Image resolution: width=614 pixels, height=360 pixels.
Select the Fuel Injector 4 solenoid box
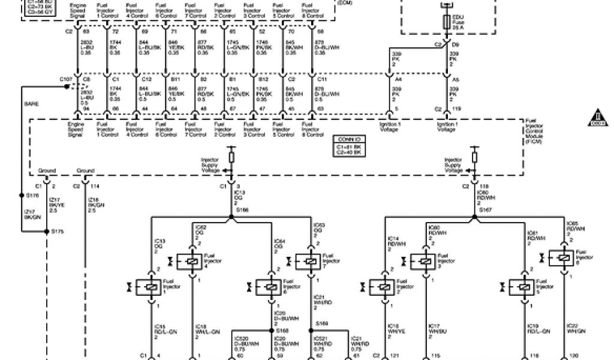192,262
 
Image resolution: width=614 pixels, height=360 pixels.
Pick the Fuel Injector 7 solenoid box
310,262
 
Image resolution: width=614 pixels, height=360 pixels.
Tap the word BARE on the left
31,104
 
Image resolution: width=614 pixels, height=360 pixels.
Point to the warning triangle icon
597,116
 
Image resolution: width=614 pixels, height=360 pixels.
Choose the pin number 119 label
458,109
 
